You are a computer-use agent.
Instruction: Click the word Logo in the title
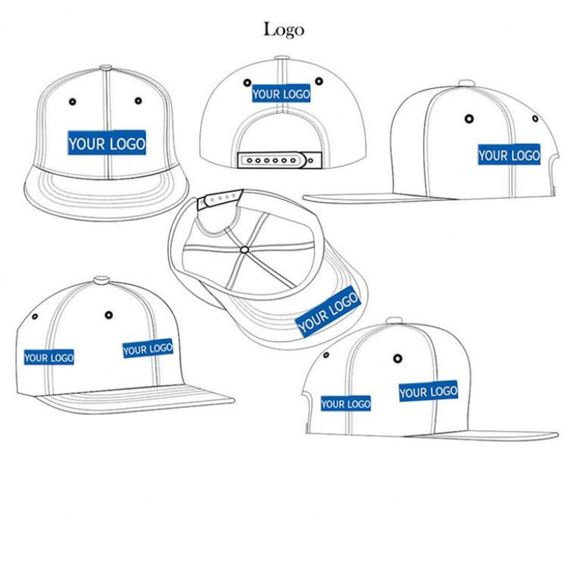[283, 29]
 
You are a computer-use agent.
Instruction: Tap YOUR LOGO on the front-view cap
[107, 143]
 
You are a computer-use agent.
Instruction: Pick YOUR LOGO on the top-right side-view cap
[508, 155]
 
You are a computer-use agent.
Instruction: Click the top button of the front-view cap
[106, 67]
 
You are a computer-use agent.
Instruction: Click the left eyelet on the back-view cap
[248, 82]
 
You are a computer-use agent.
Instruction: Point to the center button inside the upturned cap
[244, 247]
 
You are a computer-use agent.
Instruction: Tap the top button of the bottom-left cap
[101, 281]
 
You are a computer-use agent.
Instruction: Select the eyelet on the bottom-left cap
[109, 316]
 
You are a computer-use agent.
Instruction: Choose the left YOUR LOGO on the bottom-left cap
[49, 357]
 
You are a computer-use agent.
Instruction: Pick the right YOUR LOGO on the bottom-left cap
[148, 348]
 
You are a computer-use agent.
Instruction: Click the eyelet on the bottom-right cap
[398, 358]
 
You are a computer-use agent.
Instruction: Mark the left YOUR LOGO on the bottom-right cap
[346, 403]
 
